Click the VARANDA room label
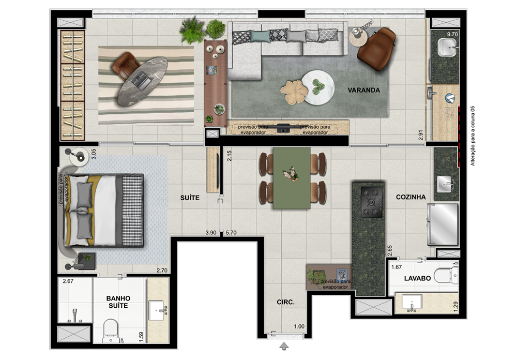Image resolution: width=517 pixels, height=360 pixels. pyautogui.click(x=363, y=90)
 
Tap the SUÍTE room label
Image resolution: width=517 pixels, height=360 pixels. pyautogui.click(x=190, y=198)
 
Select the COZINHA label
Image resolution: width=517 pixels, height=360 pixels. pyautogui.click(x=411, y=197)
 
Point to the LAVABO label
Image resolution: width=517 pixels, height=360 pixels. pyautogui.click(x=417, y=278)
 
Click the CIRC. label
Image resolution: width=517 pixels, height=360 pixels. pyautogui.click(x=285, y=302)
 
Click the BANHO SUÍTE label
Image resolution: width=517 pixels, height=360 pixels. pyautogui.click(x=118, y=302)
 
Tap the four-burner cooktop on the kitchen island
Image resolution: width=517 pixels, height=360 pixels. pyautogui.click(x=372, y=202)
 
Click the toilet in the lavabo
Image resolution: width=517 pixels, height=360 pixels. pyautogui.click(x=446, y=275)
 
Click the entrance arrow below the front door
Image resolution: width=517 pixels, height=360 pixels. pyautogui.click(x=284, y=346)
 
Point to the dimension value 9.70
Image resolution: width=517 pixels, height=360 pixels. pyautogui.click(x=452, y=34)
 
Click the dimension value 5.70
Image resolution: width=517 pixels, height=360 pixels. pyautogui.click(x=231, y=233)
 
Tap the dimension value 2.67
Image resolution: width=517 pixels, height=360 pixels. pyautogui.click(x=68, y=281)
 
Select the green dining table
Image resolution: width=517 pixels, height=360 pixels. pyautogui.click(x=292, y=178)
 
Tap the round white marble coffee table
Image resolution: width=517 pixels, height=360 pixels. pyautogui.click(x=318, y=87)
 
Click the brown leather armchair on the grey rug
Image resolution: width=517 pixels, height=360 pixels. pyautogui.click(x=376, y=49)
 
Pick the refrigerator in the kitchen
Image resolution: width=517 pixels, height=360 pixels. pyautogui.click(x=443, y=224)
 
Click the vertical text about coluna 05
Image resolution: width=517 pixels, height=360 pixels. pyautogui.click(x=473, y=136)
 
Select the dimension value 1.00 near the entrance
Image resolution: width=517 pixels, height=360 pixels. pyautogui.click(x=299, y=327)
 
